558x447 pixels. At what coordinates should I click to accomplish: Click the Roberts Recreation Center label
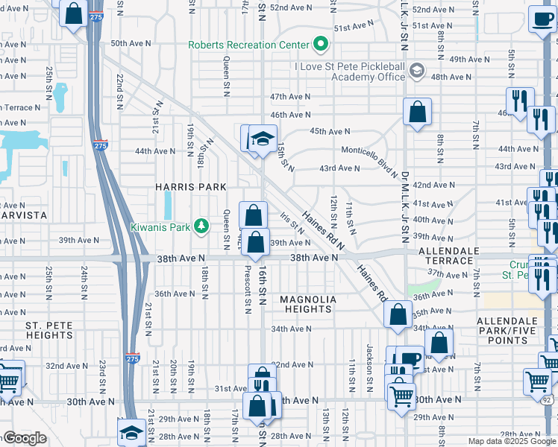(x=248, y=45)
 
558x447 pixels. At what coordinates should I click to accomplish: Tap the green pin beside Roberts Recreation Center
(x=321, y=45)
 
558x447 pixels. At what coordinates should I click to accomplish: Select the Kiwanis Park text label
(x=160, y=226)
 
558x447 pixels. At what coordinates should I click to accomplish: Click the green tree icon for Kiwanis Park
(x=200, y=226)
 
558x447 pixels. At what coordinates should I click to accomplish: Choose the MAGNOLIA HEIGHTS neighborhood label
(x=308, y=305)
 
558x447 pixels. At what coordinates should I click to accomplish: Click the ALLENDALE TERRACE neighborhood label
(x=446, y=256)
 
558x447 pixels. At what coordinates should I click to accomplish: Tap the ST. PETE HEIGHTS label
(x=48, y=331)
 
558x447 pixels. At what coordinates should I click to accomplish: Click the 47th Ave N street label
(x=290, y=97)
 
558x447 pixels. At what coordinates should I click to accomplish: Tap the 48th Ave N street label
(x=451, y=77)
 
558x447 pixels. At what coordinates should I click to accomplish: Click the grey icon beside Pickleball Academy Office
(x=416, y=72)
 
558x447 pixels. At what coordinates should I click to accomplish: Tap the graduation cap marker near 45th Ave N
(x=262, y=139)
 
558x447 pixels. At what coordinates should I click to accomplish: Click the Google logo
(x=25, y=439)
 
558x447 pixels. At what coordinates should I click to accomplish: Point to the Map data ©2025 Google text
(x=512, y=441)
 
